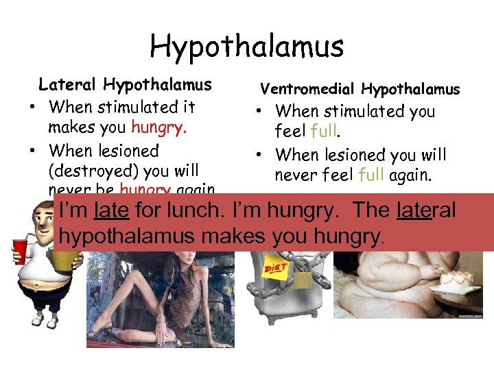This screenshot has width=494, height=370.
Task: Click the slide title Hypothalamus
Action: point(246,47)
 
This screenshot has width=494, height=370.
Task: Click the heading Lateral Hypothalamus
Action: point(125,85)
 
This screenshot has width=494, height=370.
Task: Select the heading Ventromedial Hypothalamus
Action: point(360,89)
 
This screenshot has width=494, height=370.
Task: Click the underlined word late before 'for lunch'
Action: point(113,210)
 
